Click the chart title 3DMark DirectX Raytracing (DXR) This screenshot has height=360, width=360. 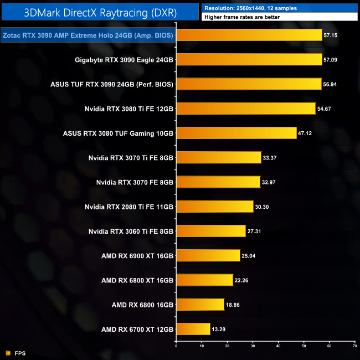[99, 11]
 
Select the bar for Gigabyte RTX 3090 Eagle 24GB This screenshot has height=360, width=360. [249, 59]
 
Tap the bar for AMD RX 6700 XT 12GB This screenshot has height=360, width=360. [193, 329]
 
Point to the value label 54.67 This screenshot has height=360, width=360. [325, 109]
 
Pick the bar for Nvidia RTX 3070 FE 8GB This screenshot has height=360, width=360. [218, 182]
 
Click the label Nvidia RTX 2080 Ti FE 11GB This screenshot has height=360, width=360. [129, 207]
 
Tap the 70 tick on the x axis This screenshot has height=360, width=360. [354, 346]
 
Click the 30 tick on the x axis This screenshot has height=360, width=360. [253, 346]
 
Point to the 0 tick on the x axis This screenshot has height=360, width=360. [176, 346]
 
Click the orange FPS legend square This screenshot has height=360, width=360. [8, 353]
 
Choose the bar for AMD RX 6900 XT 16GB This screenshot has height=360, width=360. [208, 255]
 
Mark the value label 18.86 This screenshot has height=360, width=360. [233, 305]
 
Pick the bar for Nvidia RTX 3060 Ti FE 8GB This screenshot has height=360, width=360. [211, 231]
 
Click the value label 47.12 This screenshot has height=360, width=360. [306, 133]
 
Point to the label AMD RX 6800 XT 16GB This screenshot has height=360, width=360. [137, 280]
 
